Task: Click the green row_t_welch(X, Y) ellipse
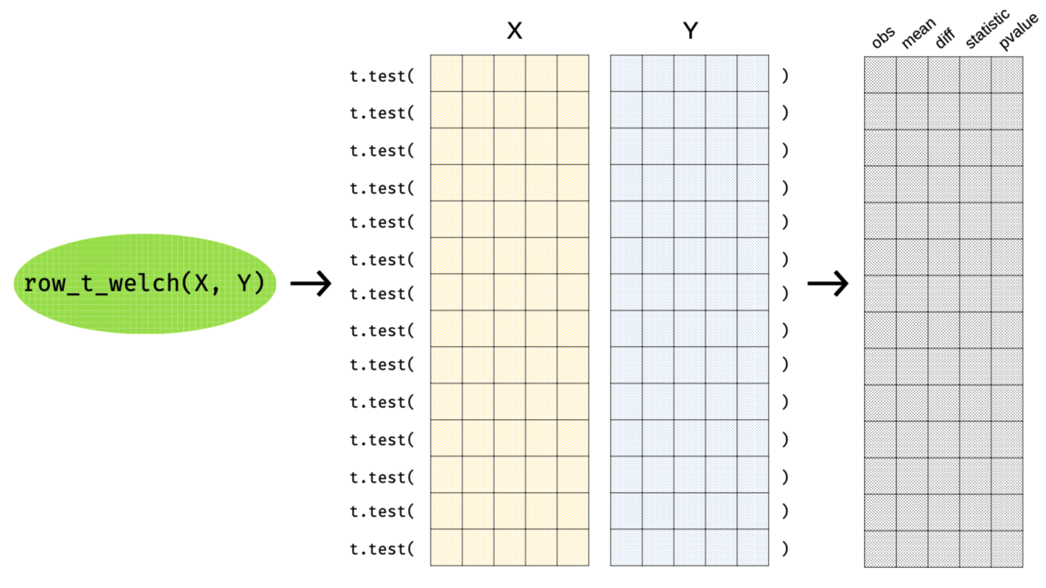tap(145, 283)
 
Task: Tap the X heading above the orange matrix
tap(514, 31)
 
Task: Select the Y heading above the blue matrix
tap(690, 31)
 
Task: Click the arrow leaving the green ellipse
tap(311, 283)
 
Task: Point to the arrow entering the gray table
tap(828, 283)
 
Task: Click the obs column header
tap(883, 37)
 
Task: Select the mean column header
tap(918, 34)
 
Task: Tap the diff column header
tap(945, 38)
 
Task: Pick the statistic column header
tap(987, 30)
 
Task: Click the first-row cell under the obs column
tap(880, 75)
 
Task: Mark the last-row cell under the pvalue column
tap(1007, 549)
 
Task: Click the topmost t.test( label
tap(382, 75)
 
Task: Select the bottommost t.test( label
tap(382, 549)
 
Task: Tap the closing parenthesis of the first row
tap(785, 75)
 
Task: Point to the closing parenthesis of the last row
tap(785, 549)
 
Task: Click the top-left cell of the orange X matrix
tap(446, 73)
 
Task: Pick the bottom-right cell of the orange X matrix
tap(573, 547)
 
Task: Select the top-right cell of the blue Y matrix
tap(752, 73)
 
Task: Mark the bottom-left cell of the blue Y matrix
tap(626, 547)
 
